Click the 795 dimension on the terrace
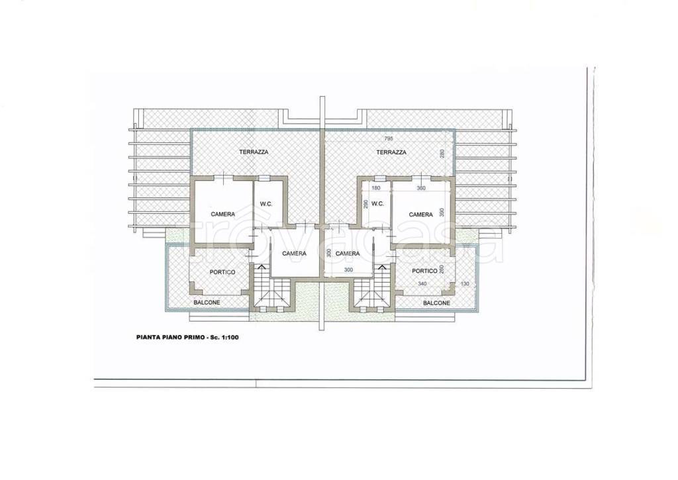(x=388, y=139)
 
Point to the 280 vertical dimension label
(x=442, y=154)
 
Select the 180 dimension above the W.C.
(x=376, y=188)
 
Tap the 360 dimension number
(x=421, y=188)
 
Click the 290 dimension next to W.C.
(x=365, y=205)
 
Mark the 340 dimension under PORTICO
(x=422, y=284)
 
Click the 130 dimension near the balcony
(x=465, y=284)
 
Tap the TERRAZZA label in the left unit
(x=254, y=152)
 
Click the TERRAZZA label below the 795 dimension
(x=391, y=152)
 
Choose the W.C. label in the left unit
(x=266, y=204)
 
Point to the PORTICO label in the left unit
(x=222, y=272)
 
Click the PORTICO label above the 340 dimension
(x=424, y=271)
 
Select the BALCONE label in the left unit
(x=207, y=303)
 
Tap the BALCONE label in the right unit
(x=436, y=303)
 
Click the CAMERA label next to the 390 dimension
(x=420, y=215)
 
